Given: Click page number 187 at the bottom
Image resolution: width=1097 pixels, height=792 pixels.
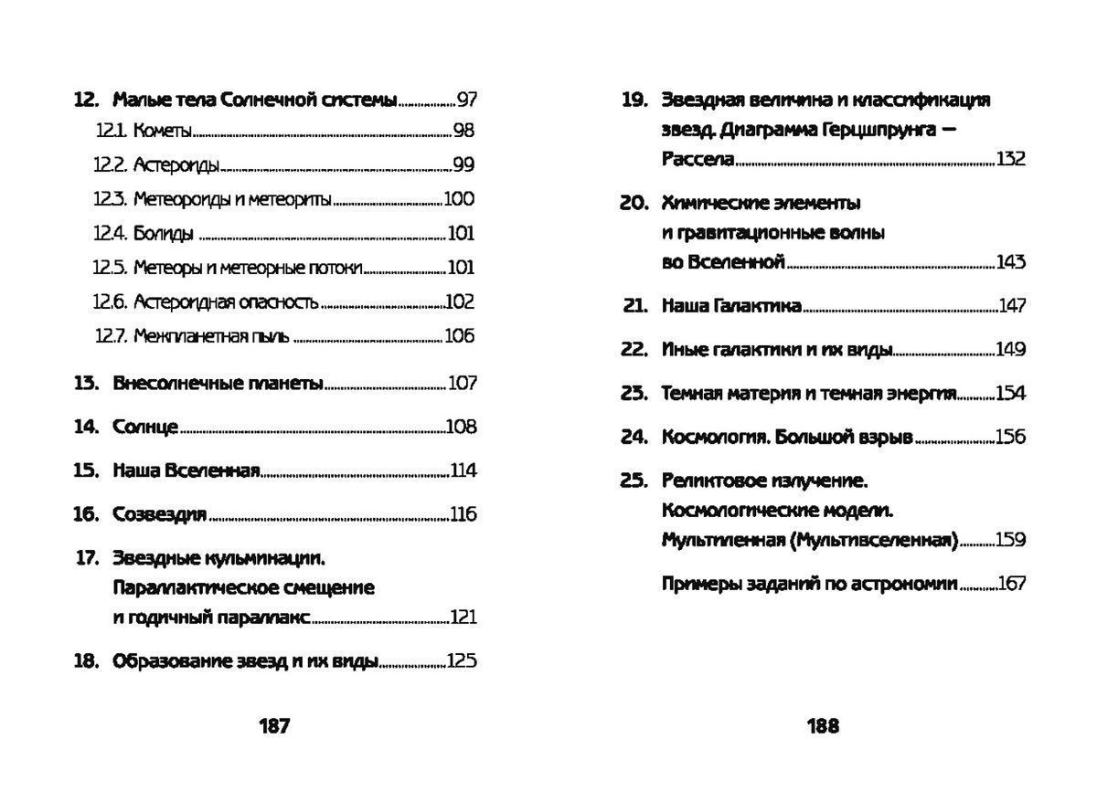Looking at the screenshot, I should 274,726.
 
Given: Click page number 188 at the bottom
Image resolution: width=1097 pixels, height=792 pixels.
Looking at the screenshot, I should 823,726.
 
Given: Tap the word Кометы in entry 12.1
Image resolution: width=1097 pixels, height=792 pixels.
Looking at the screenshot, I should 163,132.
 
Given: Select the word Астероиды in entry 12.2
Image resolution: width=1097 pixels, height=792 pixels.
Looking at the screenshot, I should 176,165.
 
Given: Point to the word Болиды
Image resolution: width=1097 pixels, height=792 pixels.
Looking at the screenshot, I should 164,234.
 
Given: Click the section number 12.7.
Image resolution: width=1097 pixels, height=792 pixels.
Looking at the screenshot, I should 109,335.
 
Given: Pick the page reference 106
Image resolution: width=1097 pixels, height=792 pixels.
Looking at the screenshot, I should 460,335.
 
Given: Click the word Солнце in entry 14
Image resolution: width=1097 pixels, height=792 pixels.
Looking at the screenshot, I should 145,427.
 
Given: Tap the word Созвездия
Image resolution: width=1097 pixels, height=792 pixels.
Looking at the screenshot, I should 160,514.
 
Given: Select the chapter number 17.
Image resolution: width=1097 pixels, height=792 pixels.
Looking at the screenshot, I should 87,557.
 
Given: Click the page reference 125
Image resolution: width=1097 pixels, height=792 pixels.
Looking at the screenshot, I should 462,660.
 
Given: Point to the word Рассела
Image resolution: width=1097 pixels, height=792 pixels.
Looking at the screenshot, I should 698,159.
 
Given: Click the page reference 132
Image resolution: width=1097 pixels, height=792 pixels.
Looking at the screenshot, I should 1011,159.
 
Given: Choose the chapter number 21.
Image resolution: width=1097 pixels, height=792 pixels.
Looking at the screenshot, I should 634,306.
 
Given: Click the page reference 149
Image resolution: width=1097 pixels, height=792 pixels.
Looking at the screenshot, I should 1011,350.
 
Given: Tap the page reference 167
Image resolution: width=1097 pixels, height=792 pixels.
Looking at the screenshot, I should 1012,584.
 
